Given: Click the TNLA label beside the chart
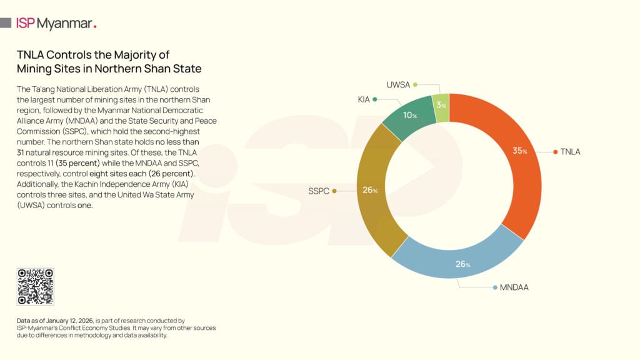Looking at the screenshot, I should tap(571, 152).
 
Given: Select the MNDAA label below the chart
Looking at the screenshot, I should tap(514, 287).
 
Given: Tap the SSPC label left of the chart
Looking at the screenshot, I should tap(318, 191).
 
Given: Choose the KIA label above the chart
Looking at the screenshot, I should tap(364, 99).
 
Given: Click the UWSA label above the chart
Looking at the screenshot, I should tap(397, 84).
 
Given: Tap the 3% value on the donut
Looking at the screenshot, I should tap(441, 106).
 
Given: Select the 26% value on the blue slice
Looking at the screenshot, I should tap(463, 264).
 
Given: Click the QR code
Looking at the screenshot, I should tap(35, 287).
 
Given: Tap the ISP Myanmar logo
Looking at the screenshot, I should tap(56, 23).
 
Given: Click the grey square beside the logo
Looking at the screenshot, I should tap(6, 23).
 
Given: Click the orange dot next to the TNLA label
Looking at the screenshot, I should tap(555, 152).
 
